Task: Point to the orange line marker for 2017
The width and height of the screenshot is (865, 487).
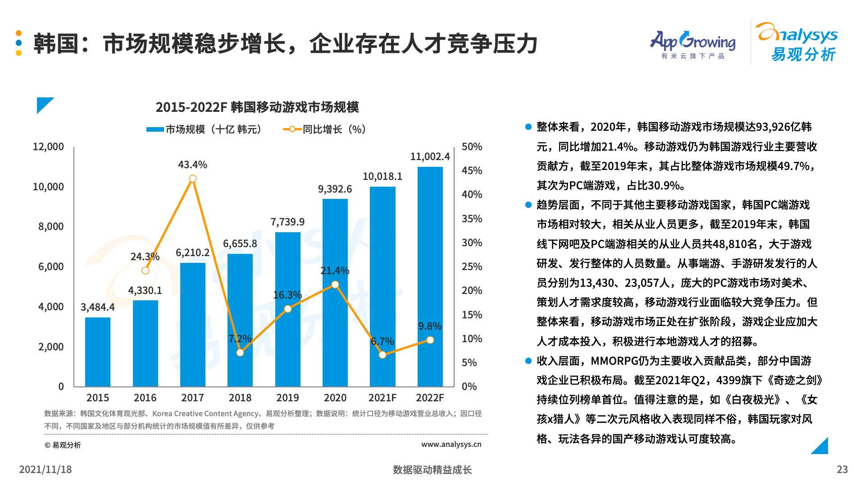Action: click(193, 179)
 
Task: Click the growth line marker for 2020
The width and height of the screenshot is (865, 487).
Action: click(335, 285)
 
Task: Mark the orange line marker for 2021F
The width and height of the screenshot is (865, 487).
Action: click(382, 355)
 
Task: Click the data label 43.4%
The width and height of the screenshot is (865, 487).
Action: click(192, 165)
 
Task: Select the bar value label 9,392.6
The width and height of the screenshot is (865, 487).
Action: click(335, 189)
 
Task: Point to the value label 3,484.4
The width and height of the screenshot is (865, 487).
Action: click(97, 307)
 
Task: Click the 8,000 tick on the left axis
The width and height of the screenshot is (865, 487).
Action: click(51, 226)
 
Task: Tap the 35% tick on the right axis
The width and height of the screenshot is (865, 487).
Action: click(472, 219)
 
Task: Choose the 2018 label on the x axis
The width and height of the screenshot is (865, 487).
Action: click(240, 398)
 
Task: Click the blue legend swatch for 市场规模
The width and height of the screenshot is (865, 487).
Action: click(155, 129)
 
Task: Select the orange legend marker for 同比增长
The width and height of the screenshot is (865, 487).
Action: click(292, 129)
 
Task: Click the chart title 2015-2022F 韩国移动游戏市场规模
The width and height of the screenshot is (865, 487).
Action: click(257, 107)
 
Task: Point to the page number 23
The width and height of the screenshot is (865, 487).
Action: click(842, 469)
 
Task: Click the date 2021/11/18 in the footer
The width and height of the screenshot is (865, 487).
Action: click(46, 469)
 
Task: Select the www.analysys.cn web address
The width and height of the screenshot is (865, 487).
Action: click(451, 444)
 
